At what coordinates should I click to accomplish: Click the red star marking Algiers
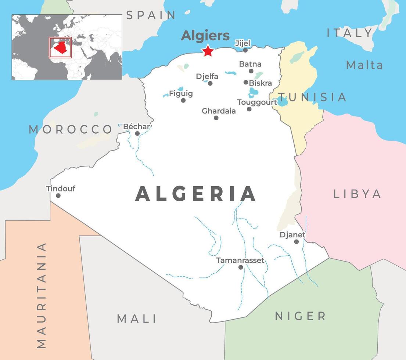click(208, 51)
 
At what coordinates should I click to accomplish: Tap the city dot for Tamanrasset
click(241, 267)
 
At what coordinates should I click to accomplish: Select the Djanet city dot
click(296, 241)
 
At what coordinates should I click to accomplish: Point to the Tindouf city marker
click(58, 195)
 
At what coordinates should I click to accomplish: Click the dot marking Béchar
click(137, 133)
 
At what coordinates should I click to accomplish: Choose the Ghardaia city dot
click(216, 118)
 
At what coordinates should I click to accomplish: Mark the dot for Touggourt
click(249, 109)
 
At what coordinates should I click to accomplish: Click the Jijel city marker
click(245, 50)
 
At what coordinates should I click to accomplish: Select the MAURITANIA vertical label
click(42, 295)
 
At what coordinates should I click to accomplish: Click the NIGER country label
click(300, 316)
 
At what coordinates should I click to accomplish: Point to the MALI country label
click(137, 318)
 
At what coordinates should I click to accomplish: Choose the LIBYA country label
click(357, 194)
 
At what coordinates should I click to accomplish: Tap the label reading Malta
click(364, 65)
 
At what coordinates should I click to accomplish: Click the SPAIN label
click(151, 15)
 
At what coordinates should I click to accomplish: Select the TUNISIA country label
click(312, 97)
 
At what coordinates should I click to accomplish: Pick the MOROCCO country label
click(71, 129)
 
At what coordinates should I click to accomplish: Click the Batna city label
click(250, 64)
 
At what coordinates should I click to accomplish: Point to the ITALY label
click(350, 33)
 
